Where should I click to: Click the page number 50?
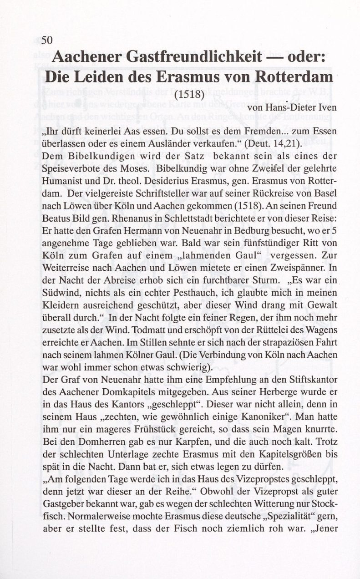(48, 40)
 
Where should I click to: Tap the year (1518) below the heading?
(190, 96)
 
